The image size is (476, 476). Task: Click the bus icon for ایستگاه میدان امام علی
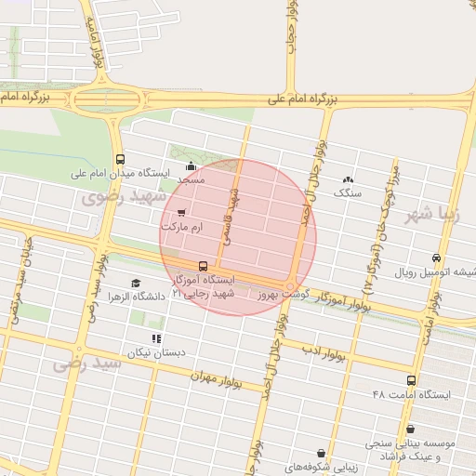(120, 159)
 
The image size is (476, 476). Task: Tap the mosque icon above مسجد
(191, 167)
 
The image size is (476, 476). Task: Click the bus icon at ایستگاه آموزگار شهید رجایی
(204, 267)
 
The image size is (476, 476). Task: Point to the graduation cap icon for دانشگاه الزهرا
(136, 283)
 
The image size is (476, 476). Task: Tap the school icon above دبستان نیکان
(156, 338)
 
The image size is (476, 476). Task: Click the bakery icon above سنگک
(348, 179)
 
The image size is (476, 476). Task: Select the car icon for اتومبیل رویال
(436, 258)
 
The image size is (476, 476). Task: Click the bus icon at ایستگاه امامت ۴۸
(411, 380)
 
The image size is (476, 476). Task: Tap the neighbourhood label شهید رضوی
(124, 197)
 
